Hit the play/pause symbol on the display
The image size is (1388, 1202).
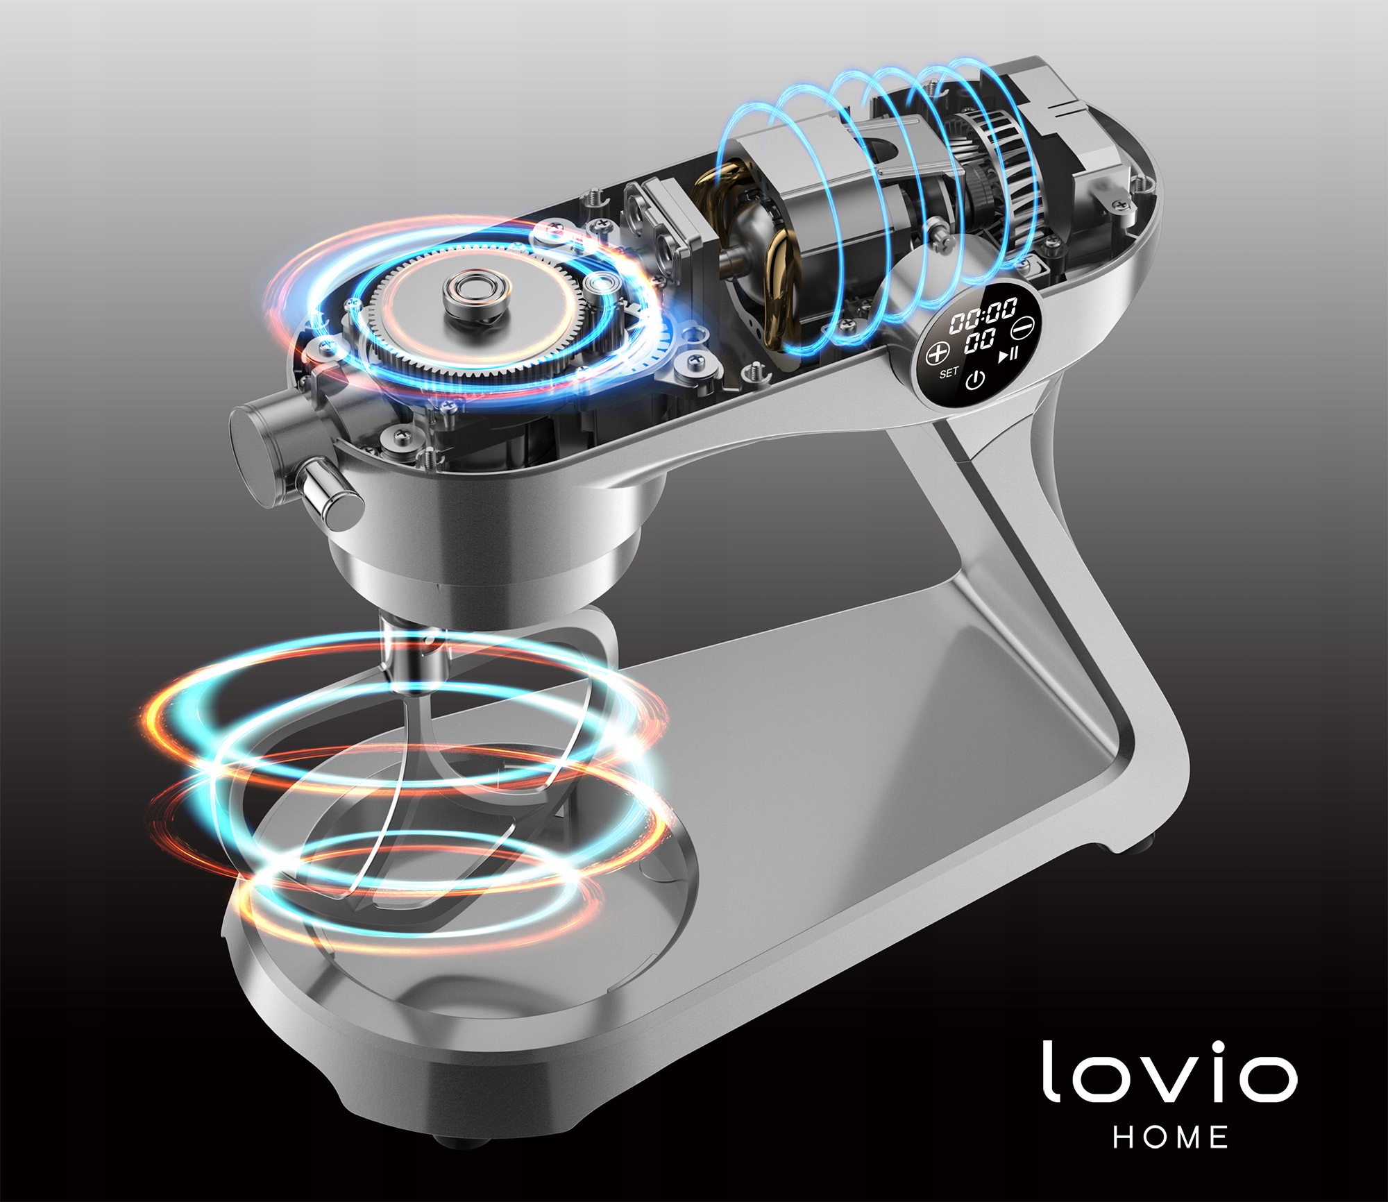pos(1008,355)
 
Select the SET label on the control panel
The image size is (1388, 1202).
pos(949,373)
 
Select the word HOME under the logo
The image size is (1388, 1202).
pos(1171,1137)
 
